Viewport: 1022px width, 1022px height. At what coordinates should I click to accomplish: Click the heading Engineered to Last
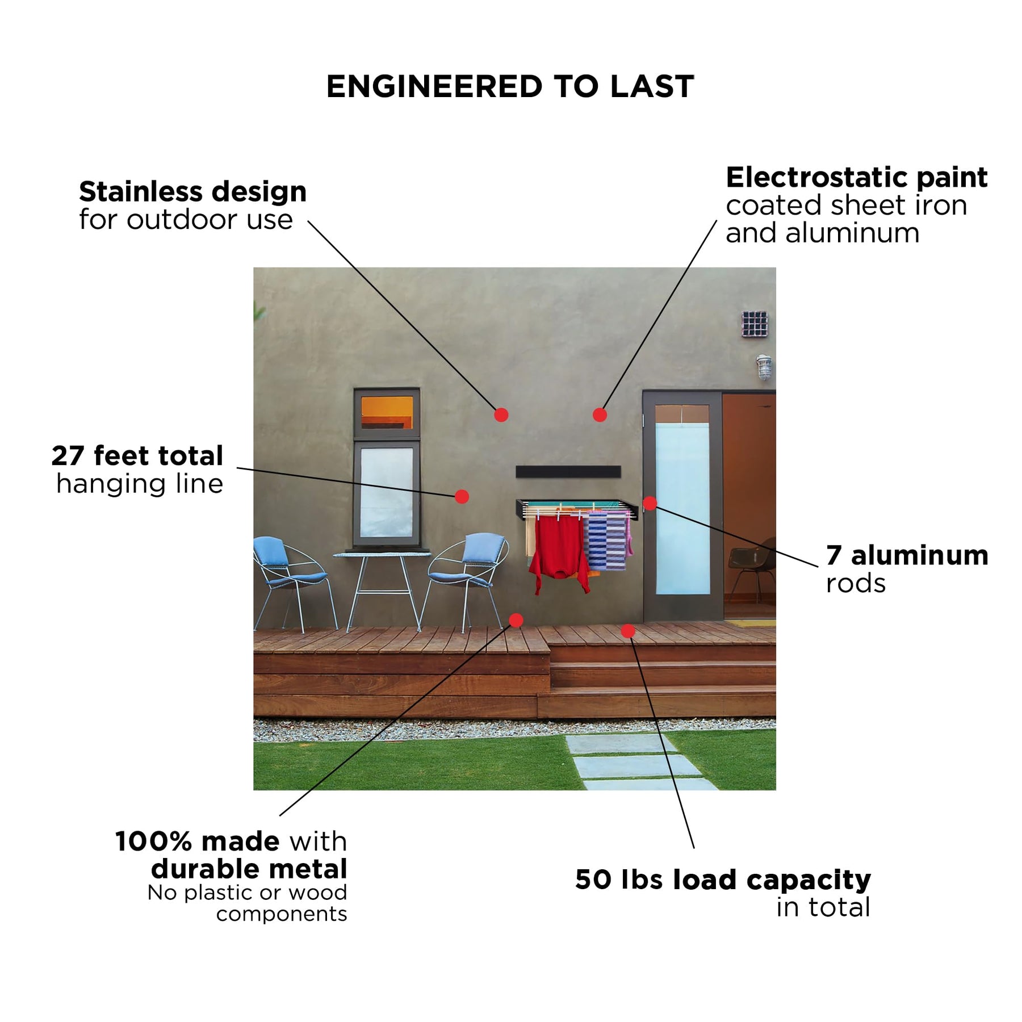click(510, 87)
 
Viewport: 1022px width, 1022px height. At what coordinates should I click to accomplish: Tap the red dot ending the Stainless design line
click(501, 415)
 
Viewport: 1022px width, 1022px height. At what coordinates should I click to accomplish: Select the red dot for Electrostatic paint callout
click(600, 415)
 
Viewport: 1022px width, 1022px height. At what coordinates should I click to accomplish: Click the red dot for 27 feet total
click(462, 497)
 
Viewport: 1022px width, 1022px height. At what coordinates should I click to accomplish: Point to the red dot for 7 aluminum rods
click(650, 503)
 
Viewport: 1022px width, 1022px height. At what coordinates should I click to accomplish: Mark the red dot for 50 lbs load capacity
click(627, 631)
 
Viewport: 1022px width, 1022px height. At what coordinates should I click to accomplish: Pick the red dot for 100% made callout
click(516, 620)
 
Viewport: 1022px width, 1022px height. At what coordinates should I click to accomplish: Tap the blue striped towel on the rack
click(606, 541)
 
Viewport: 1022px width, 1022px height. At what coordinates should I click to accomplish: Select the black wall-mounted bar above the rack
click(568, 471)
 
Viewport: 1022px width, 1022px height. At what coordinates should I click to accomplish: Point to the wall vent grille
click(755, 324)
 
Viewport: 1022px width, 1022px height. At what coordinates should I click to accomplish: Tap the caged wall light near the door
click(764, 367)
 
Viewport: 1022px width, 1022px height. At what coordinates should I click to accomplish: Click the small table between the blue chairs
click(382, 590)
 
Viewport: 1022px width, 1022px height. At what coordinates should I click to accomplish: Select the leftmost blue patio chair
click(292, 582)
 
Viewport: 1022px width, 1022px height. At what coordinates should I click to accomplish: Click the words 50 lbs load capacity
click(723, 881)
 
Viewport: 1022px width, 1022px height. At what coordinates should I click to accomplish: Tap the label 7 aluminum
click(907, 555)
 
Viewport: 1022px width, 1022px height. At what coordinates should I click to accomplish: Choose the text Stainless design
click(193, 192)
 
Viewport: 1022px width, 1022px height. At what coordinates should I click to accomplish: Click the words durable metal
click(249, 869)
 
